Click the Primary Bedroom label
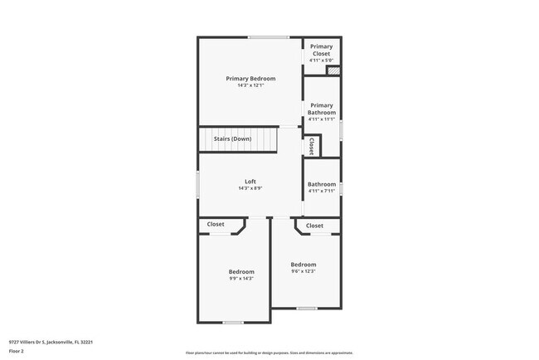click(x=250, y=78)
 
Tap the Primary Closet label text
click(x=321, y=50)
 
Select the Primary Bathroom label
click(x=321, y=109)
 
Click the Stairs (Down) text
click(x=232, y=139)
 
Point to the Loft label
click(x=250, y=182)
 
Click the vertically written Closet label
click(x=311, y=146)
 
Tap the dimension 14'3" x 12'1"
click(x=250, y=85)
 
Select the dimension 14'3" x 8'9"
click(x=250, y=188)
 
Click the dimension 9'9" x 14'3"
click(x=241, y=279)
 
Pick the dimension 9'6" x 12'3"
click(x=303, y=271)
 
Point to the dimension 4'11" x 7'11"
click(x=321, y=192)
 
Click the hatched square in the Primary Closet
click(x=333, y=72)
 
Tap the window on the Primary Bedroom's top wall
click(x=269, y=37)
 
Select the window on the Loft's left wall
click(x=197, y=184)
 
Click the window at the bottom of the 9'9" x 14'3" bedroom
click(x=233, y=322)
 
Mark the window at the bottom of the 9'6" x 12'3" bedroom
click(x=307, y=308)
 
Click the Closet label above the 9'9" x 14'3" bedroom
click(x=216, y=224)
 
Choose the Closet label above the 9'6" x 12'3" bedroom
click(x=315, y=226)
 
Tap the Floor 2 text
click(x=17, y=351)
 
